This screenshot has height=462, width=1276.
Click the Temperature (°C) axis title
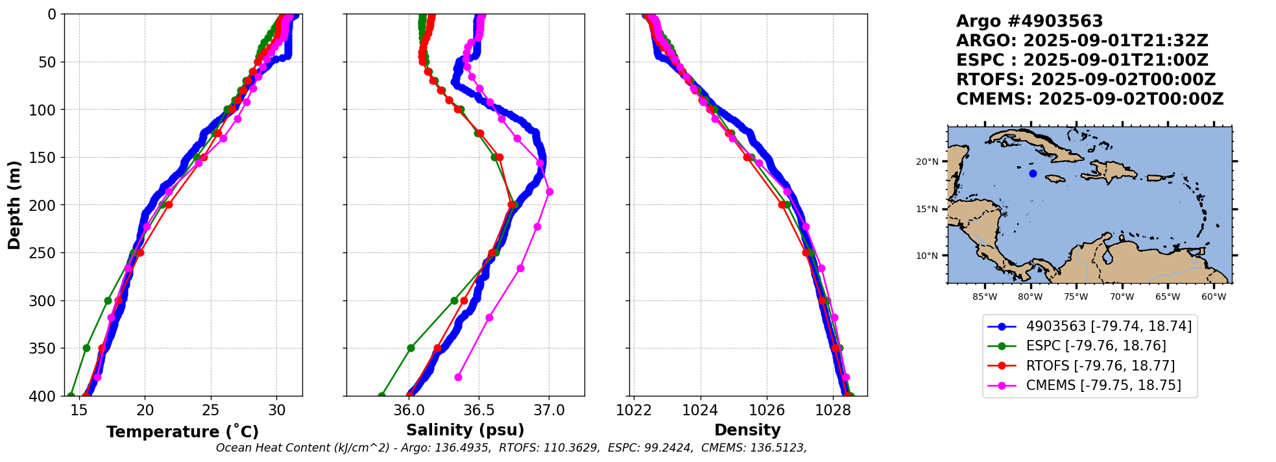click(x=182, y=432)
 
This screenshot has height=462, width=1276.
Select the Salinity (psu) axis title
click(x=465, y=430)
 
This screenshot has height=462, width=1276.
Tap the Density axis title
click(x=747, y=430)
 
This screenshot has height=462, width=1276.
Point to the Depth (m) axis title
click(x=14, y=204)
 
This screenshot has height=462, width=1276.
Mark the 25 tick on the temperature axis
click(x=211, y=411)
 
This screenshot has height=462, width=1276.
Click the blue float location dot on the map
click(x=1033, y=173)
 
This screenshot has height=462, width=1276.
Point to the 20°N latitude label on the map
click(x=927, y=162)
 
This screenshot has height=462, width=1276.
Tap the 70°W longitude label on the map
click(x=1122, y=297)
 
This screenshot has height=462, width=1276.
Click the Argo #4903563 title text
click(x=1029, y=21)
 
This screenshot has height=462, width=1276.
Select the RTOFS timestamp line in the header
click(x=1085, y=80)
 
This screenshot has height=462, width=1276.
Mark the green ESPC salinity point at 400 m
click(x=381, y=395)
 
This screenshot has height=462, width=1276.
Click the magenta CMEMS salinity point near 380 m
click(x=458, y=377)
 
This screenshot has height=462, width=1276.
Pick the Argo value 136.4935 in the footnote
click(x=464, y=448)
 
